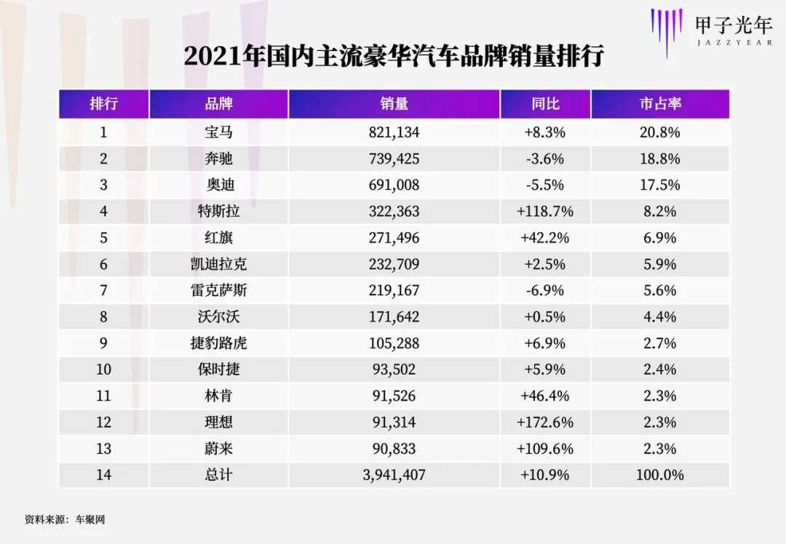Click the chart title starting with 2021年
tap(394, 57)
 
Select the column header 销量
tap(394, 104)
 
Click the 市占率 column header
tap(660, 104)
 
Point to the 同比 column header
tap(545, 104)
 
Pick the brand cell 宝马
tap(218, 132)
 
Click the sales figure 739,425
tap(394, 159)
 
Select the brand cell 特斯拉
tap(218, 212)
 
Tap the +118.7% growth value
tap(545, 212)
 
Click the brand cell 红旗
tap(218, 238)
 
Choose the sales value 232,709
tap(394, 264)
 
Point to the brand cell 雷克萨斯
tap(218, 290)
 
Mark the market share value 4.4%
tap(660, 316)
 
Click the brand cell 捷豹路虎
tap(218, 343)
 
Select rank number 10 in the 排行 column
tap(103, 369)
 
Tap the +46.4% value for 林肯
tap(545, 396)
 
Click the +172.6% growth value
tap(545, 422)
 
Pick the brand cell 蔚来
tap(218, 448)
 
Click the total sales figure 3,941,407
tap(394, 475)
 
